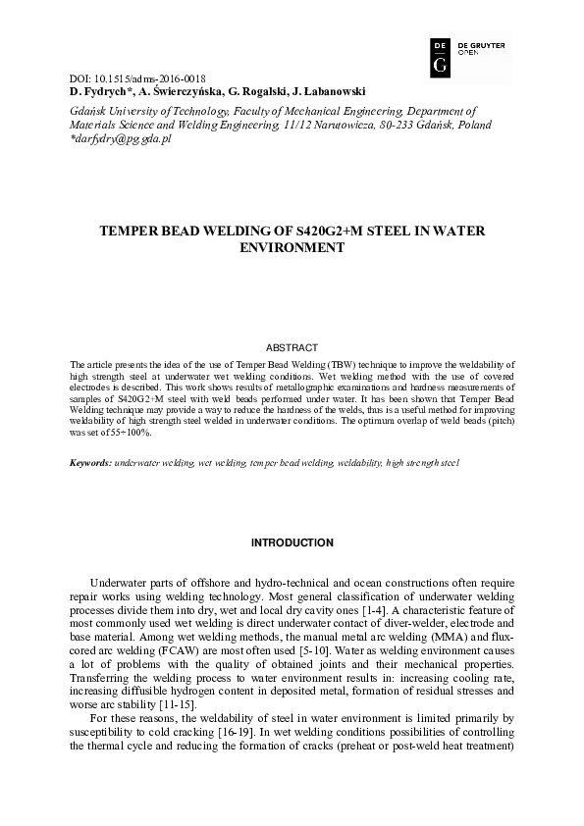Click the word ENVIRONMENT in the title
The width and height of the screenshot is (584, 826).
(x=292, y=249)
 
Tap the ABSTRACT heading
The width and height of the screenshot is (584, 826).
(x=292, y=347)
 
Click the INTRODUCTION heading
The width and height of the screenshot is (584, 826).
(x=292, y=542)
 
